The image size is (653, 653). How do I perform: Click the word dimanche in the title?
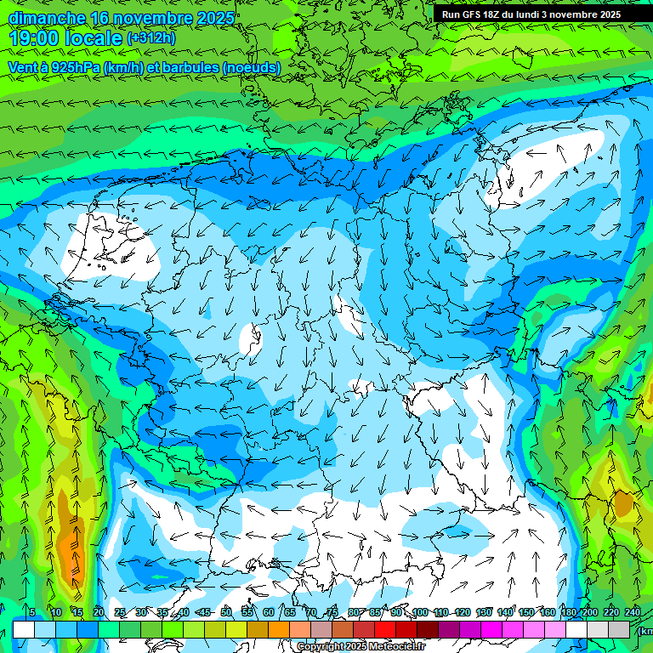click(x=46, y=17)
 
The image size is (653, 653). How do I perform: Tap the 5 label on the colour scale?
click(x=32, y=612)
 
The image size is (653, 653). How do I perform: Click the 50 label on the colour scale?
click(x=226, y=612)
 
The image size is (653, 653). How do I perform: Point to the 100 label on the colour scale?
click(x=419, y=612)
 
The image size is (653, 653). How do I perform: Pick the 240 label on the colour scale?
click(x=633, y=612)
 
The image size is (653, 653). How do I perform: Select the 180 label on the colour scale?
click(x=568, y=612)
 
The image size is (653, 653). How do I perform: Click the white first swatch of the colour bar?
click(x=24, y=629)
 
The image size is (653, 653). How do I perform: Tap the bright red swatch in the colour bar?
click(x=385, y=629)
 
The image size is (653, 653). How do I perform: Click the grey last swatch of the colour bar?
click(x=619, y=629)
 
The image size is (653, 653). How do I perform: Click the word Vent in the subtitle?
click(x=23, y=67)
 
